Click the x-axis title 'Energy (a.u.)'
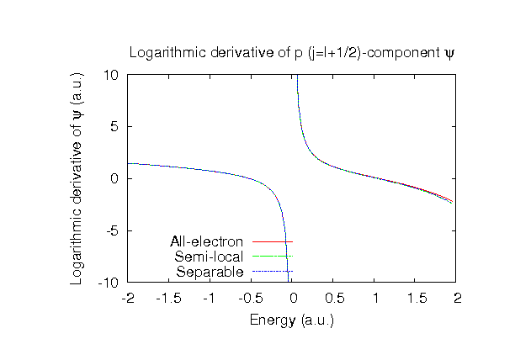(292, 320)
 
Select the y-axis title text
(77, 177)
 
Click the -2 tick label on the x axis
(128, 298)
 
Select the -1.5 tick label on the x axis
(169, 298)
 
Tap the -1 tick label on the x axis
(210, 298)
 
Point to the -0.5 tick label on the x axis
(252, 298)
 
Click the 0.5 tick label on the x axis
(334, 298)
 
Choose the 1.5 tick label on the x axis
(417, 298)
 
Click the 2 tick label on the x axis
(458, 298)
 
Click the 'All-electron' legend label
(206, 242)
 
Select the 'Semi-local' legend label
(209, 257)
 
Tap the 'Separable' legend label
(210, 272)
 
